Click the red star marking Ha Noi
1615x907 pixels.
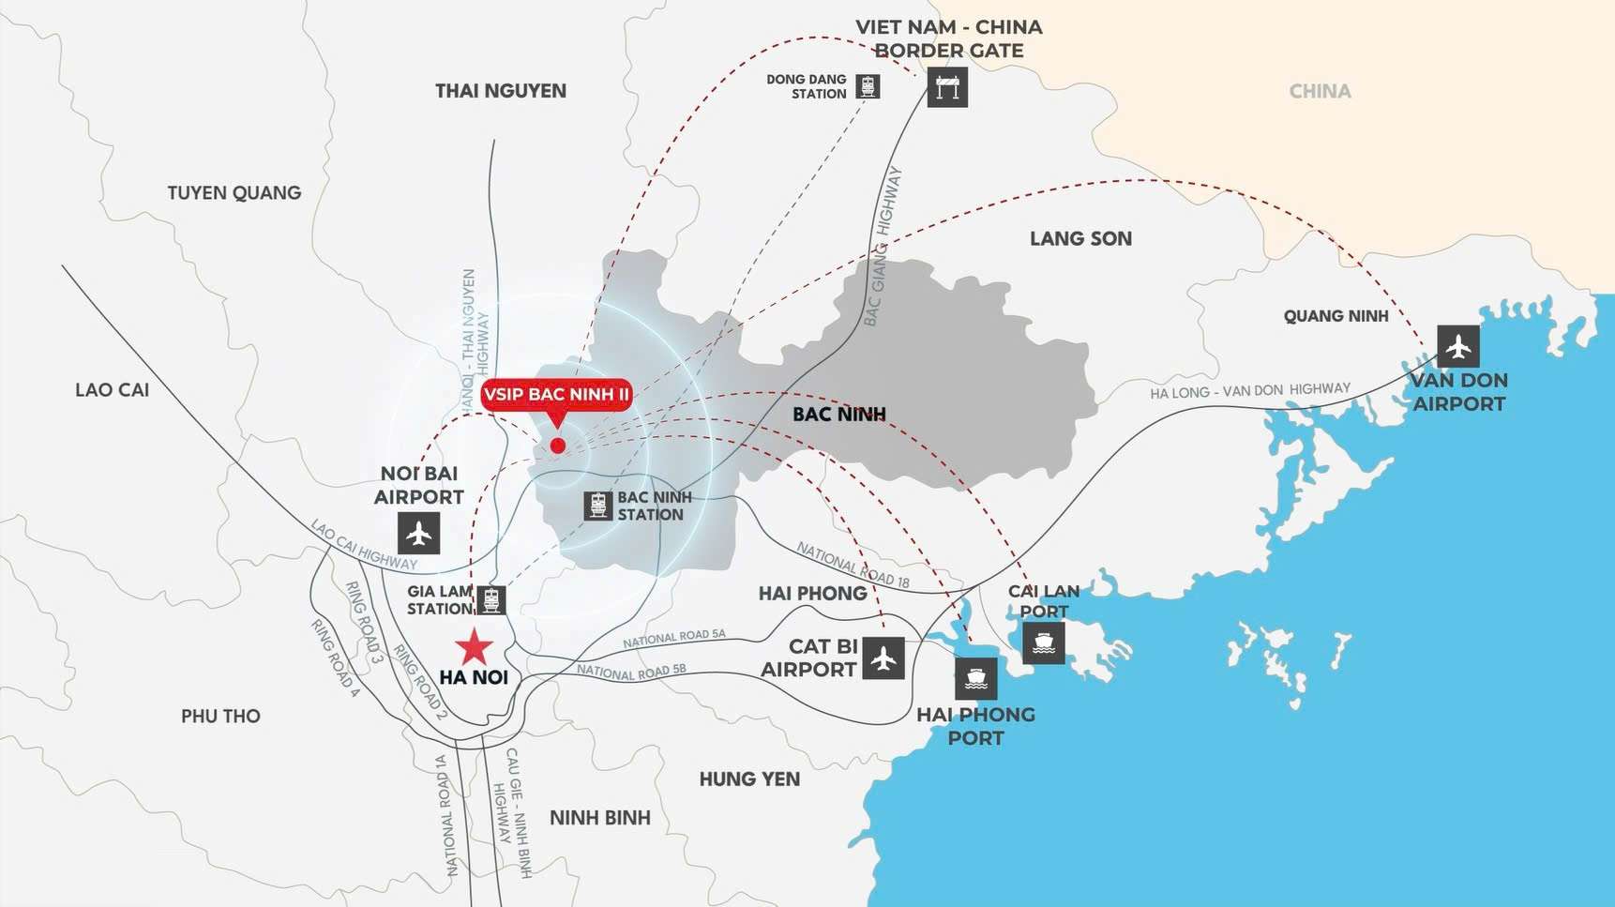click(475, 647)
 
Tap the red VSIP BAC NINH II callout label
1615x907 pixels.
click(556, 394)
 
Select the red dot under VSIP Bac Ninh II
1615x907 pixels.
click(558, 446)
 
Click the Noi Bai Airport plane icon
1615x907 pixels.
click(418, 534)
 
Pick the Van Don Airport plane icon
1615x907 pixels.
click(1457, 346)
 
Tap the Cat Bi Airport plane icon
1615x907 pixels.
click(883, 658)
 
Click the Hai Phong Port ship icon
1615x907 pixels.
click(975, 677)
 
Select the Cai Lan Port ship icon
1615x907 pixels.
click(1043, 643)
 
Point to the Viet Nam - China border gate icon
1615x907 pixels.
click(947, 88)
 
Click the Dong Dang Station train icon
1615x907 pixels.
click(868, 86)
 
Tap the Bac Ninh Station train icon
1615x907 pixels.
click(597, 506)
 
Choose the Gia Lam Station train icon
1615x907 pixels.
click(491, 599)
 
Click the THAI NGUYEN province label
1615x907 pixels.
click(501, 91)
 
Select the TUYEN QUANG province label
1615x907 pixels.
click(234, 193)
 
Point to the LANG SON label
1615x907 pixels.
click(1080, 239)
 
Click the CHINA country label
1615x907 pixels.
click(1320, 92)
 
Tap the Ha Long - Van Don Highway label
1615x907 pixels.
click(1250, 391)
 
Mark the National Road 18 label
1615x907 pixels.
click(853, 565)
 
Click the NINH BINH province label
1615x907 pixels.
click(600, 818)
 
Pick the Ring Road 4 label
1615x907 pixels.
click(335, 658)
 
